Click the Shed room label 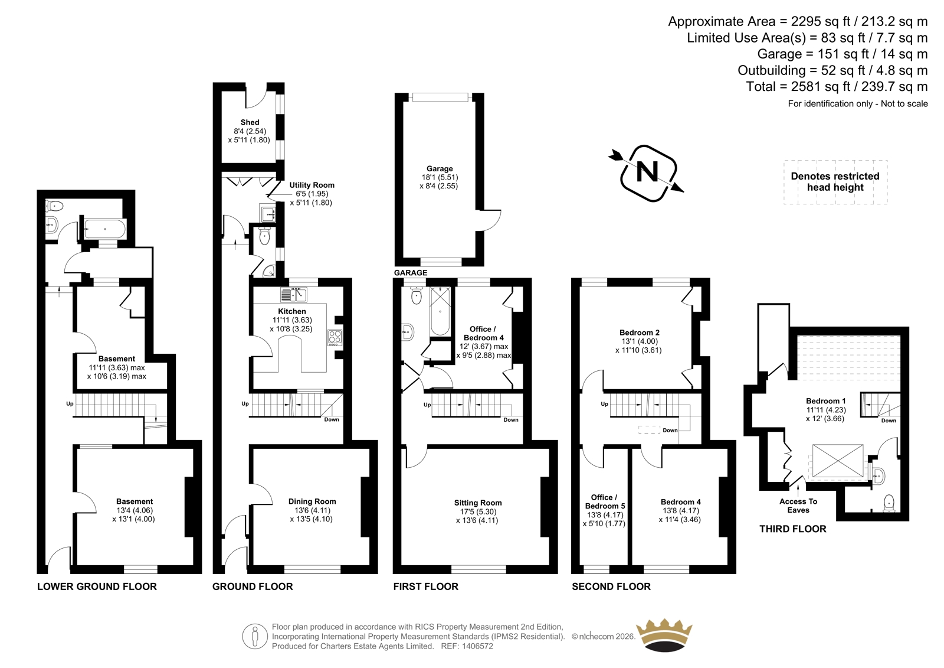(250, 122)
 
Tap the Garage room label (439, 169)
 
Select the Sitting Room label (477, 503)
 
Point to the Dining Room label (312, 501)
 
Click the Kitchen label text (291, 311)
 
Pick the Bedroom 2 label (640, 333)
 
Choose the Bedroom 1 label (825, 401)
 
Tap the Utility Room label (312, 185)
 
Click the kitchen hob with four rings (335, 338)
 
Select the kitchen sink (294, 295)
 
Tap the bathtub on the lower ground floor (105, 229)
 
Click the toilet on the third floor (889, 503)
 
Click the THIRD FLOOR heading (793, 529)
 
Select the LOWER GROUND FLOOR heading (97, 586)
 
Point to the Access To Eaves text (798, 506)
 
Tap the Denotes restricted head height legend (835, 182)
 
